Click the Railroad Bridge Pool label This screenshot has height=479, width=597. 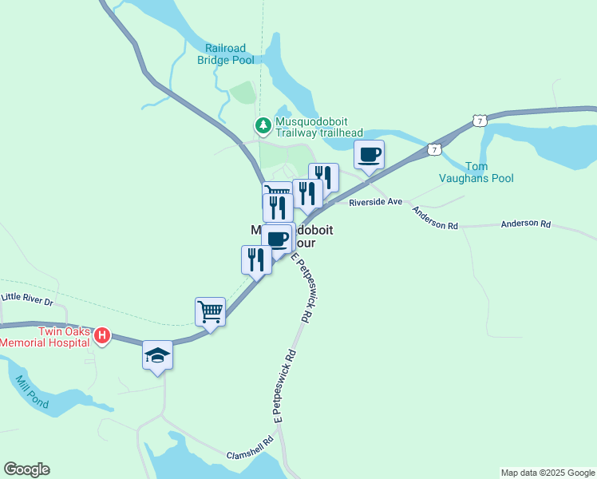pos(226,53)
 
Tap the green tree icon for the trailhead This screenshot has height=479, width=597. pos(262,125)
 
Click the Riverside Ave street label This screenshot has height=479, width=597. pos(376,203)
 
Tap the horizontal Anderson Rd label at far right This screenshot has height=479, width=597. pos(525,225)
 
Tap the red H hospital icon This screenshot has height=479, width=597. pos(102,335)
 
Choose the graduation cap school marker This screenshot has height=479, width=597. pos(158,355)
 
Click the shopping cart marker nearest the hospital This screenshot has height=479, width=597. pos(210,311)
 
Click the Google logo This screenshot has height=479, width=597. pos(26,469)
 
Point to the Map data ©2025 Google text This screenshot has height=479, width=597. pos(548,473)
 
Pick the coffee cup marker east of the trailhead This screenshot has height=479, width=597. pos(369,153)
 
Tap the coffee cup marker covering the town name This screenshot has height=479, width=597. pos(277,239)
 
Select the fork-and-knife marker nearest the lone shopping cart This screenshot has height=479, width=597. pos(256,259)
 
